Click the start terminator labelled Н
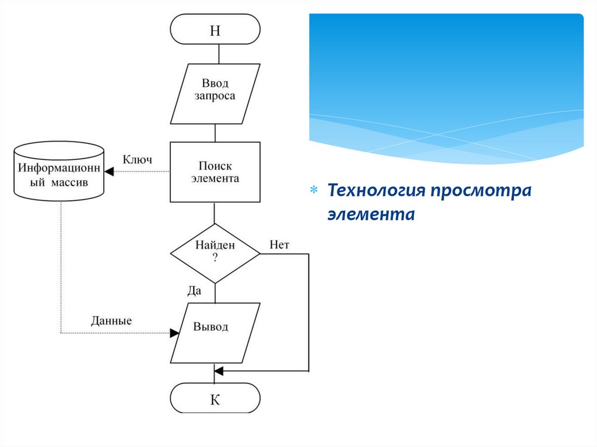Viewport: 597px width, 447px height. pos(215,30)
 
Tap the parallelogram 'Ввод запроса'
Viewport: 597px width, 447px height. pos(215,93)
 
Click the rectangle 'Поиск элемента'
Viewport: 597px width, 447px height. pos(215,172)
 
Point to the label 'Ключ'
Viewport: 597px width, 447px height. pos(138,160)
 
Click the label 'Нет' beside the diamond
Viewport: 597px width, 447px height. pos(279,245)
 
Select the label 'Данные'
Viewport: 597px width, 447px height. pos(111,321)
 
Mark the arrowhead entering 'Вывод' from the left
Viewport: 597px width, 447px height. pos(174,333)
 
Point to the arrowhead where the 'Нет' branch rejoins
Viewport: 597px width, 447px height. pos(219,371)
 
